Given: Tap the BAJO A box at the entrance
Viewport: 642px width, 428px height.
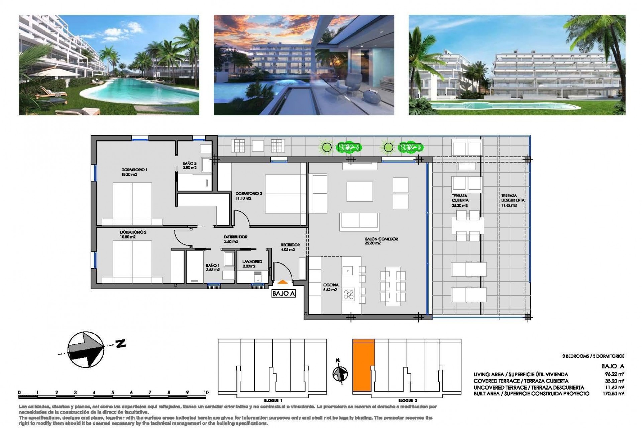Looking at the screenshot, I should [284, 294].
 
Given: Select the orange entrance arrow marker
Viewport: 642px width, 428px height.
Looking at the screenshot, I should [283, 283].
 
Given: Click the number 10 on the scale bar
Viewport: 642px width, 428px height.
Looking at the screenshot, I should [206, 393].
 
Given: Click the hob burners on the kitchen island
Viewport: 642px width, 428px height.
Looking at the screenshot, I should [349, 295].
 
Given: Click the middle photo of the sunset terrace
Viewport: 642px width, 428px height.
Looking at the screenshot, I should [304, 65].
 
